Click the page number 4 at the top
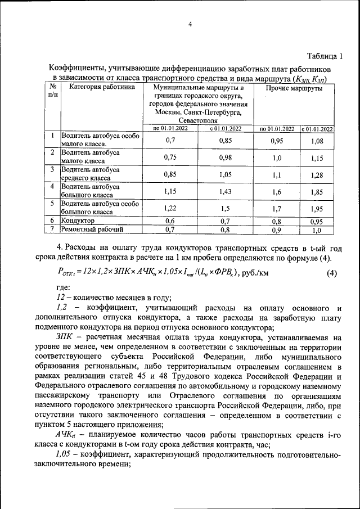(x=190, y=24)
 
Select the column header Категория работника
(x=102, y=88)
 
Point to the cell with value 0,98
(x=226, y=157)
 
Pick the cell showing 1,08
(x=317, y=141)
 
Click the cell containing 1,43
(x=226, y=191)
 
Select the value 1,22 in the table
(x=170, y=208)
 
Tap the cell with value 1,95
(x=317, y=208)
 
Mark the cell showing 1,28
(x=317, y=174)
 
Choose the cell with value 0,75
(x=170, y=157)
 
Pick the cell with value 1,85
(x=317, y=191)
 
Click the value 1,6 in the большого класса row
(x=277, y=191)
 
